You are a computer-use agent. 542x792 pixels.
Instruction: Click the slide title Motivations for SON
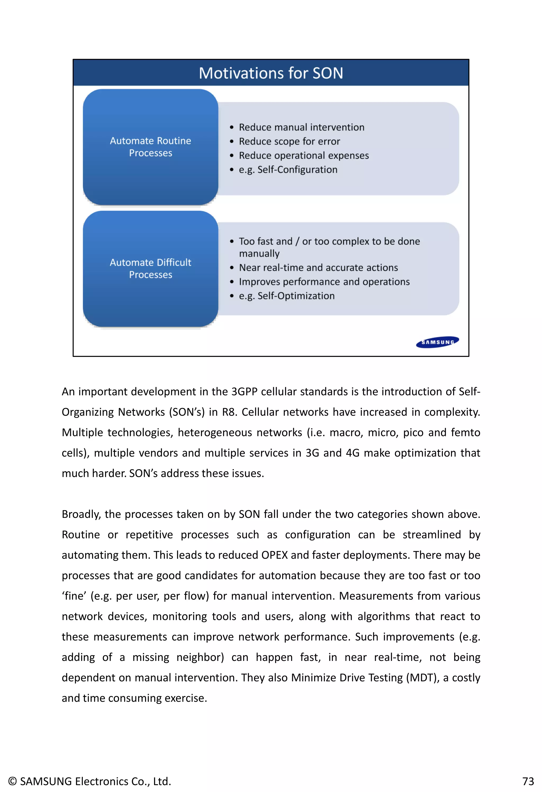click(x=271, y=73)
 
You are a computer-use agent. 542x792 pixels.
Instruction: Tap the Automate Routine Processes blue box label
click(x=150, y=146)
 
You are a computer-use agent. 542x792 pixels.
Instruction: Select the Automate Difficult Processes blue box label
click(x=150, y=268)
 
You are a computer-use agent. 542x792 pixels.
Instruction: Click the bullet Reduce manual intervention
click(x=301, y=127)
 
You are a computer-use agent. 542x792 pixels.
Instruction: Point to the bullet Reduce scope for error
click(x=289, y=141)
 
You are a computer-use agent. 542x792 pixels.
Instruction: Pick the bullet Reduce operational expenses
click(x=304, y=155)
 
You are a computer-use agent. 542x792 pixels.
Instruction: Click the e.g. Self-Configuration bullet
click(x=288, y=169)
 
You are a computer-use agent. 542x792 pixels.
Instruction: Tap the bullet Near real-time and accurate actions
click(x=318, y=267)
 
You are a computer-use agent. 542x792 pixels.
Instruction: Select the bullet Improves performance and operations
click(x=324, y=281)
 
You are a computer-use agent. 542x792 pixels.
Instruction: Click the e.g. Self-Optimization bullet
click(x=287, y=296)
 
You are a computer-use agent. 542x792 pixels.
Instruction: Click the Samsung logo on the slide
click(x=437, y=342)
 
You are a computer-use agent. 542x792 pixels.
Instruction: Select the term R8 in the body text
click(x=229, y=412)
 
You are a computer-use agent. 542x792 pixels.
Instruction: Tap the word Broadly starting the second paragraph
click(x=81, y=514)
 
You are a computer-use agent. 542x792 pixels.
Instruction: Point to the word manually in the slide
click(x=259, y=254)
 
